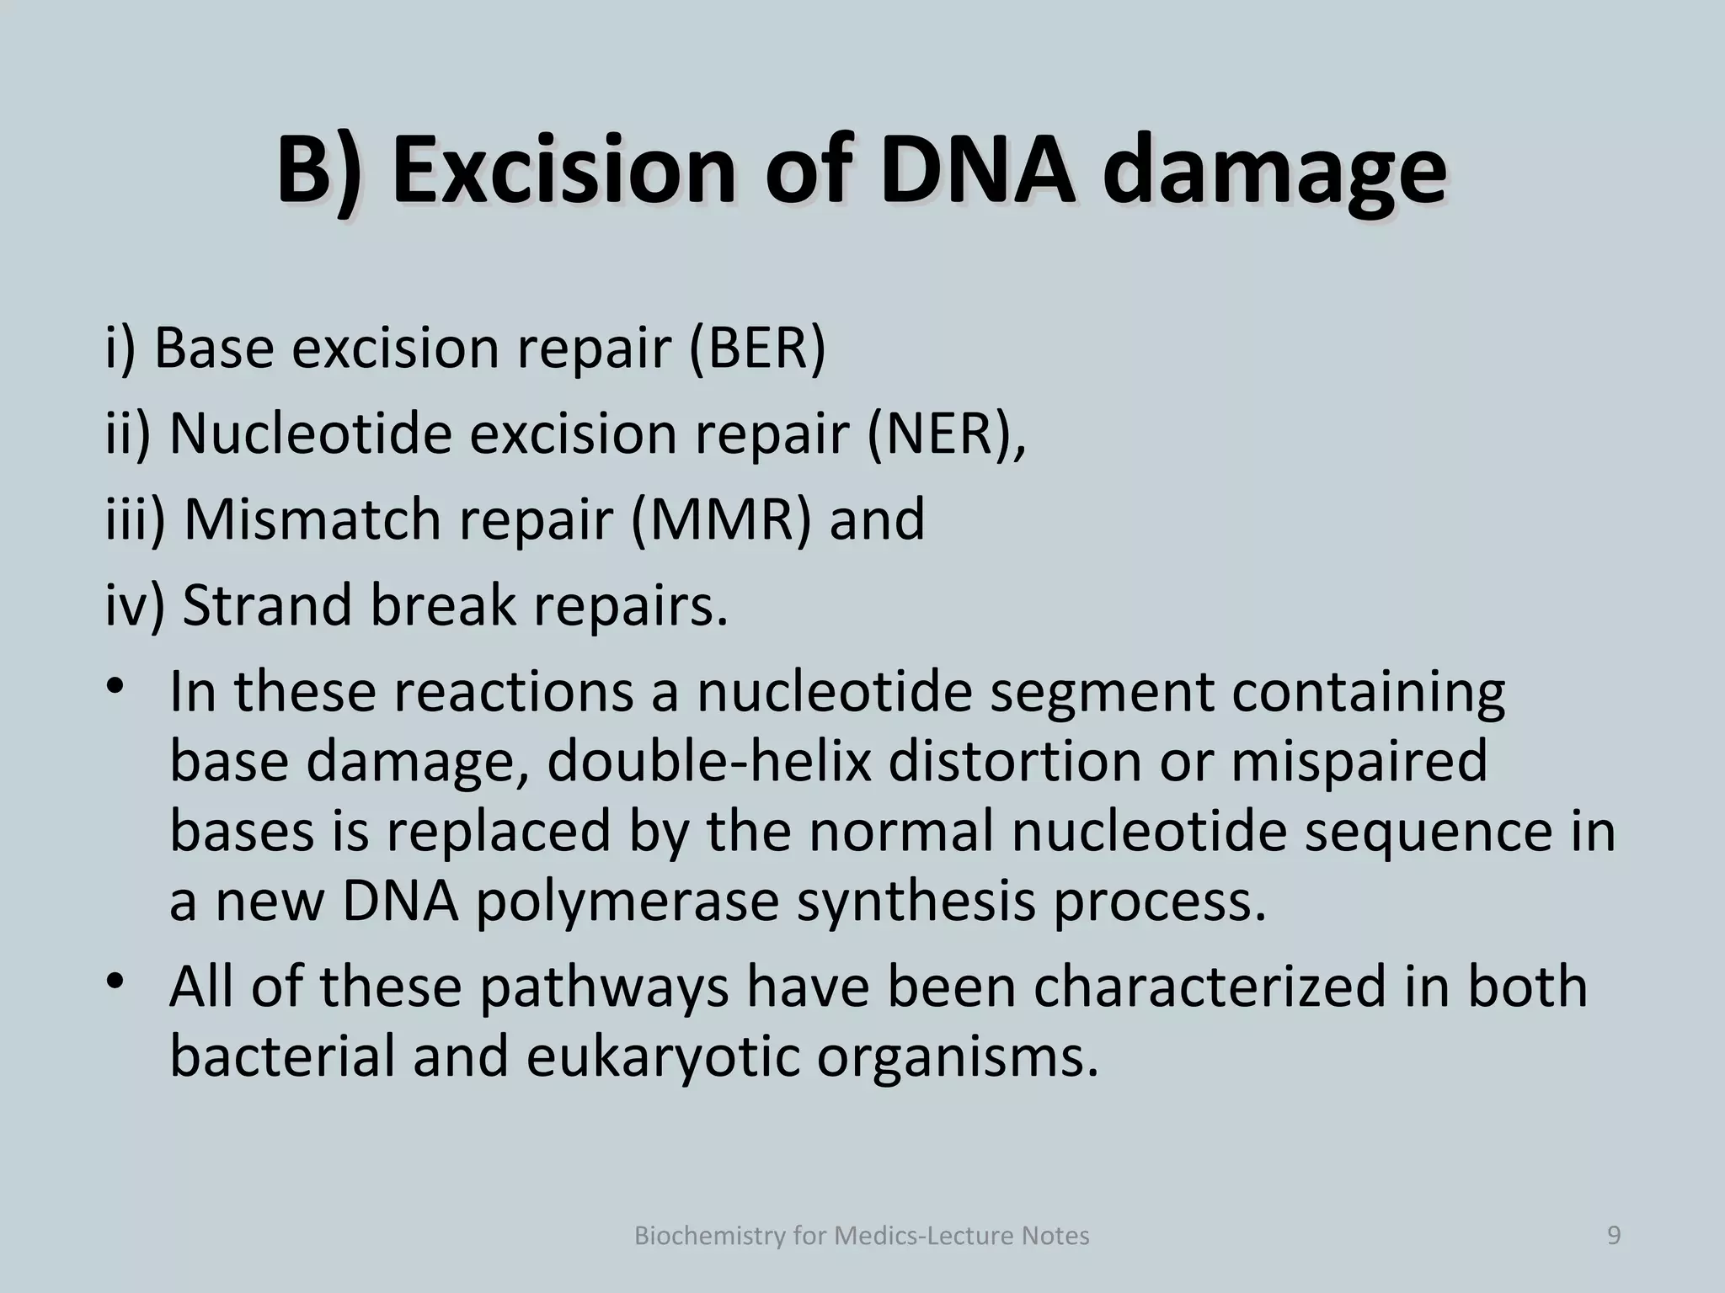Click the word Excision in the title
tap(563, 171)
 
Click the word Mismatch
tap(312, 519)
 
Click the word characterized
tap(1210, 986)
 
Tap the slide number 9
tap(1614, 1235)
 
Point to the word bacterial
tap(282, 1056)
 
